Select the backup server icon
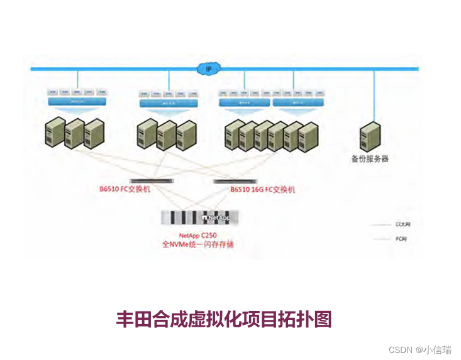click(370, 137)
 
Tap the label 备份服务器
click(370, 159)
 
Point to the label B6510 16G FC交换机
click(262, 189)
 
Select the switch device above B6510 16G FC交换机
click(236, 181)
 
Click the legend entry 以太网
click(403, 224)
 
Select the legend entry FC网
click(401, 239)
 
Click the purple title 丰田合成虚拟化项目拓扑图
click(224, 319)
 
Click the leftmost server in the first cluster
click(55, 133)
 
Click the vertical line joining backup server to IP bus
click(374, 94)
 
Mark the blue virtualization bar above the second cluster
click(169, 103)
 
